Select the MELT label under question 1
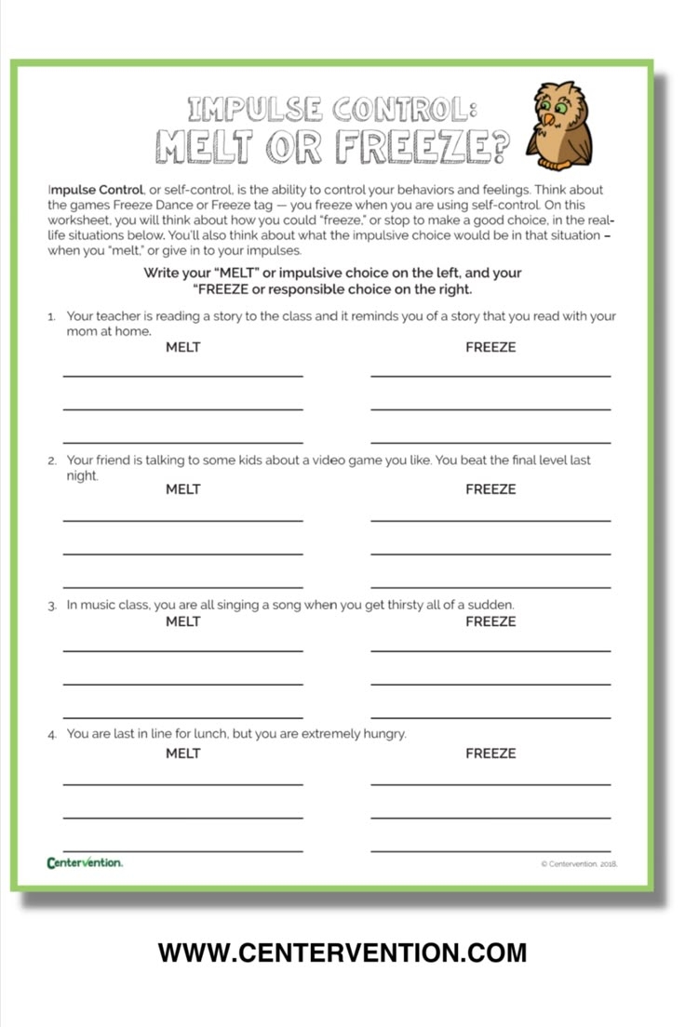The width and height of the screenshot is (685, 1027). (183, 347)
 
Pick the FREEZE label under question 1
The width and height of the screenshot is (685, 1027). (490, 347)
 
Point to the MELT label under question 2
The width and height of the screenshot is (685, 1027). (183, 488)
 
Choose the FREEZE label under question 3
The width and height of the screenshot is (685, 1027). (490, 621)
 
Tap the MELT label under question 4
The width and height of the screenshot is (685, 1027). (183, 753)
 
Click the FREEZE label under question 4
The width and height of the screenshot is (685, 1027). (490, 753)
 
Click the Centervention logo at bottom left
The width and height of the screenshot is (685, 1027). (85, 862)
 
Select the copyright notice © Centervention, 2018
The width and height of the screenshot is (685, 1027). (579, 864)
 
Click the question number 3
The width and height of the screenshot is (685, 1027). (53, 606)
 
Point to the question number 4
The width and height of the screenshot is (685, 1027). (53, 735)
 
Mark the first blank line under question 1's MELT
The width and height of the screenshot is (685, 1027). (183, 376)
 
